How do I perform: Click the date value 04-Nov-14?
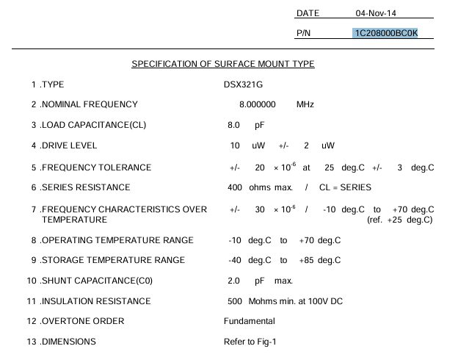[x=375, y=13]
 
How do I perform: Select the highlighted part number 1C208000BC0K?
[x=385, y=33]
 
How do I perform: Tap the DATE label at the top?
[x=308, y=13]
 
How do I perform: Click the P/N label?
[x=304, y=33]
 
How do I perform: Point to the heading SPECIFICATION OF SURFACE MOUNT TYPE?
[x=223, y=64]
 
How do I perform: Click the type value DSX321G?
[x=243, y=84]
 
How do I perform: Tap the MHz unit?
[x=305, y=104]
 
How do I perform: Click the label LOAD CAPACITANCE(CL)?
[x=93, y=125]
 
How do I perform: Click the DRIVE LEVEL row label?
[x=69, y=145]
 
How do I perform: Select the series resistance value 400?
[x=235, y=187]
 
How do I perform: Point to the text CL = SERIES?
[x=345, y=187]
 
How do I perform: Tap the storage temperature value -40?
[x=235, y=260]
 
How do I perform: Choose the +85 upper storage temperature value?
[x=307, y=260]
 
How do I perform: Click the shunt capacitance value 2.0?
[x=234, y=281]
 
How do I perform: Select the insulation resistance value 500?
[x=235, y=301]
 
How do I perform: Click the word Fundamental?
[x=250, y=321]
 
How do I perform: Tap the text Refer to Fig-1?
[x=250, y=342]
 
